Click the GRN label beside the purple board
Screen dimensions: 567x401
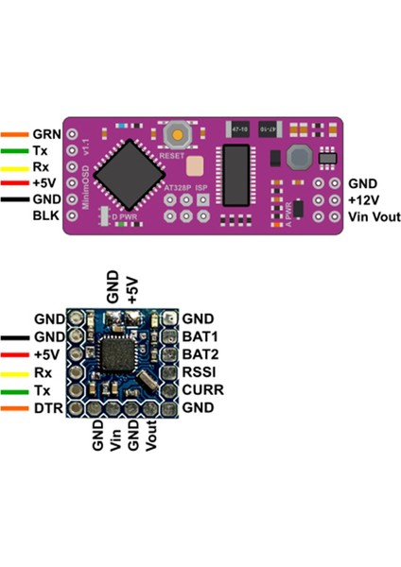click(46, 134)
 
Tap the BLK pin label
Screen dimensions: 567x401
click(45, 216)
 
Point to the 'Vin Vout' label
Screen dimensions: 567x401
click(375, 216)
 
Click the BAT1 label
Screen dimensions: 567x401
click(200, 336)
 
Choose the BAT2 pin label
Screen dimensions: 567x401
click(200, 354)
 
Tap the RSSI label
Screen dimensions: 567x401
click(200, 372)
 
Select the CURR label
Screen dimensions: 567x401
click(201, 389)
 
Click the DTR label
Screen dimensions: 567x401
click(47, 407)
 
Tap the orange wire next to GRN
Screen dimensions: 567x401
click(15, 134)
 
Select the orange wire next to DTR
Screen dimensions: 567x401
click(15, 407)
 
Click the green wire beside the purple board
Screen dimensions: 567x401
click(15, 150)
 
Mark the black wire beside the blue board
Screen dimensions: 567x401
click(15, 336)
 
